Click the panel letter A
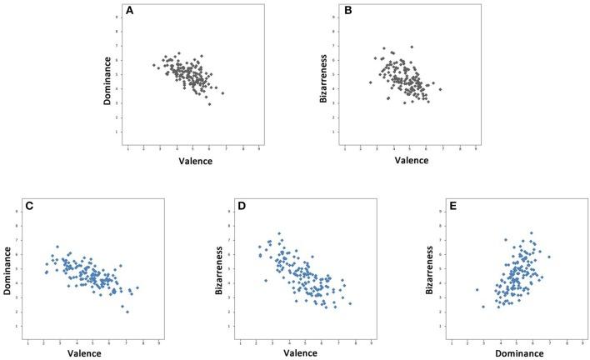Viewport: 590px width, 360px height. coord(128,12)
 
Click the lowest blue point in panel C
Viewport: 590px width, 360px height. coord(127,312)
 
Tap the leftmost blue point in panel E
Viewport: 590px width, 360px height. coord(477,290)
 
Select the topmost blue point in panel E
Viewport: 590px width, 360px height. coord(531,233)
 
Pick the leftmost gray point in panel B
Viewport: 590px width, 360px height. coord(370,82)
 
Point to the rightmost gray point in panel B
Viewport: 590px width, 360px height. coord(440,89)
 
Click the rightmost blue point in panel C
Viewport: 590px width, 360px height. coord(137,288)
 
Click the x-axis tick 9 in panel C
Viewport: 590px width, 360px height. coord(158,342)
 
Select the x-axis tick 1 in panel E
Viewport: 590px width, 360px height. coord(452,342)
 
